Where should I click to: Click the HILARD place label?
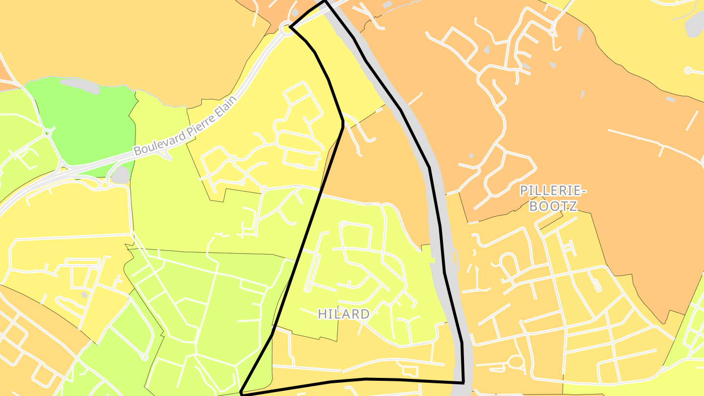344,314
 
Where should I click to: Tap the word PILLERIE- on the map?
552,190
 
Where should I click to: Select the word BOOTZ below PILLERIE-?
553,206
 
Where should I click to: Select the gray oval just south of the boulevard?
121,175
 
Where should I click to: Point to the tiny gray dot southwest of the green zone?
85,295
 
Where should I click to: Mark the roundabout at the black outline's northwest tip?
286,29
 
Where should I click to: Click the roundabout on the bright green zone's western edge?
47,132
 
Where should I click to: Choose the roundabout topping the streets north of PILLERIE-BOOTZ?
552,32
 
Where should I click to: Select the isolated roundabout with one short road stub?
688,71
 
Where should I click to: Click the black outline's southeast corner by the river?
463,382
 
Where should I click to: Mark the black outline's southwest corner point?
242,393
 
